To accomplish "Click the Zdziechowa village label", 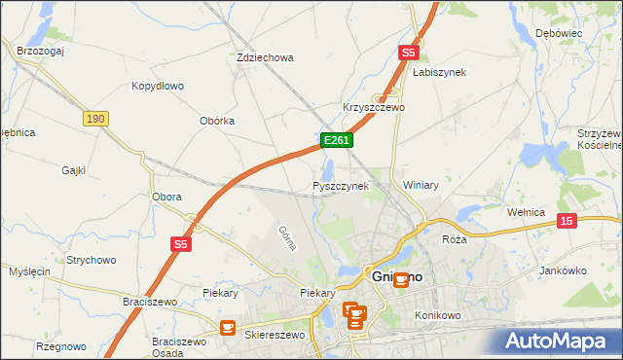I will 265,57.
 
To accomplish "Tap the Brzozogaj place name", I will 40,50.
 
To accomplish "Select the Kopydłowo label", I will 158,86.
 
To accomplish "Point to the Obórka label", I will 217,121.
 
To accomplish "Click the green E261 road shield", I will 336,141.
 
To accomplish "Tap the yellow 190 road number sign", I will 94,118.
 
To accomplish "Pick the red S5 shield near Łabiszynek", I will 408,53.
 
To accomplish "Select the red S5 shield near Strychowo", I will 181,245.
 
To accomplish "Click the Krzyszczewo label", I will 374,107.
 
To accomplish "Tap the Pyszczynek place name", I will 340,185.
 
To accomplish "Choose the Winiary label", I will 421,185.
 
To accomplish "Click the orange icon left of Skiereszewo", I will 228,329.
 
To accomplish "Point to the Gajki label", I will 74,170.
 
